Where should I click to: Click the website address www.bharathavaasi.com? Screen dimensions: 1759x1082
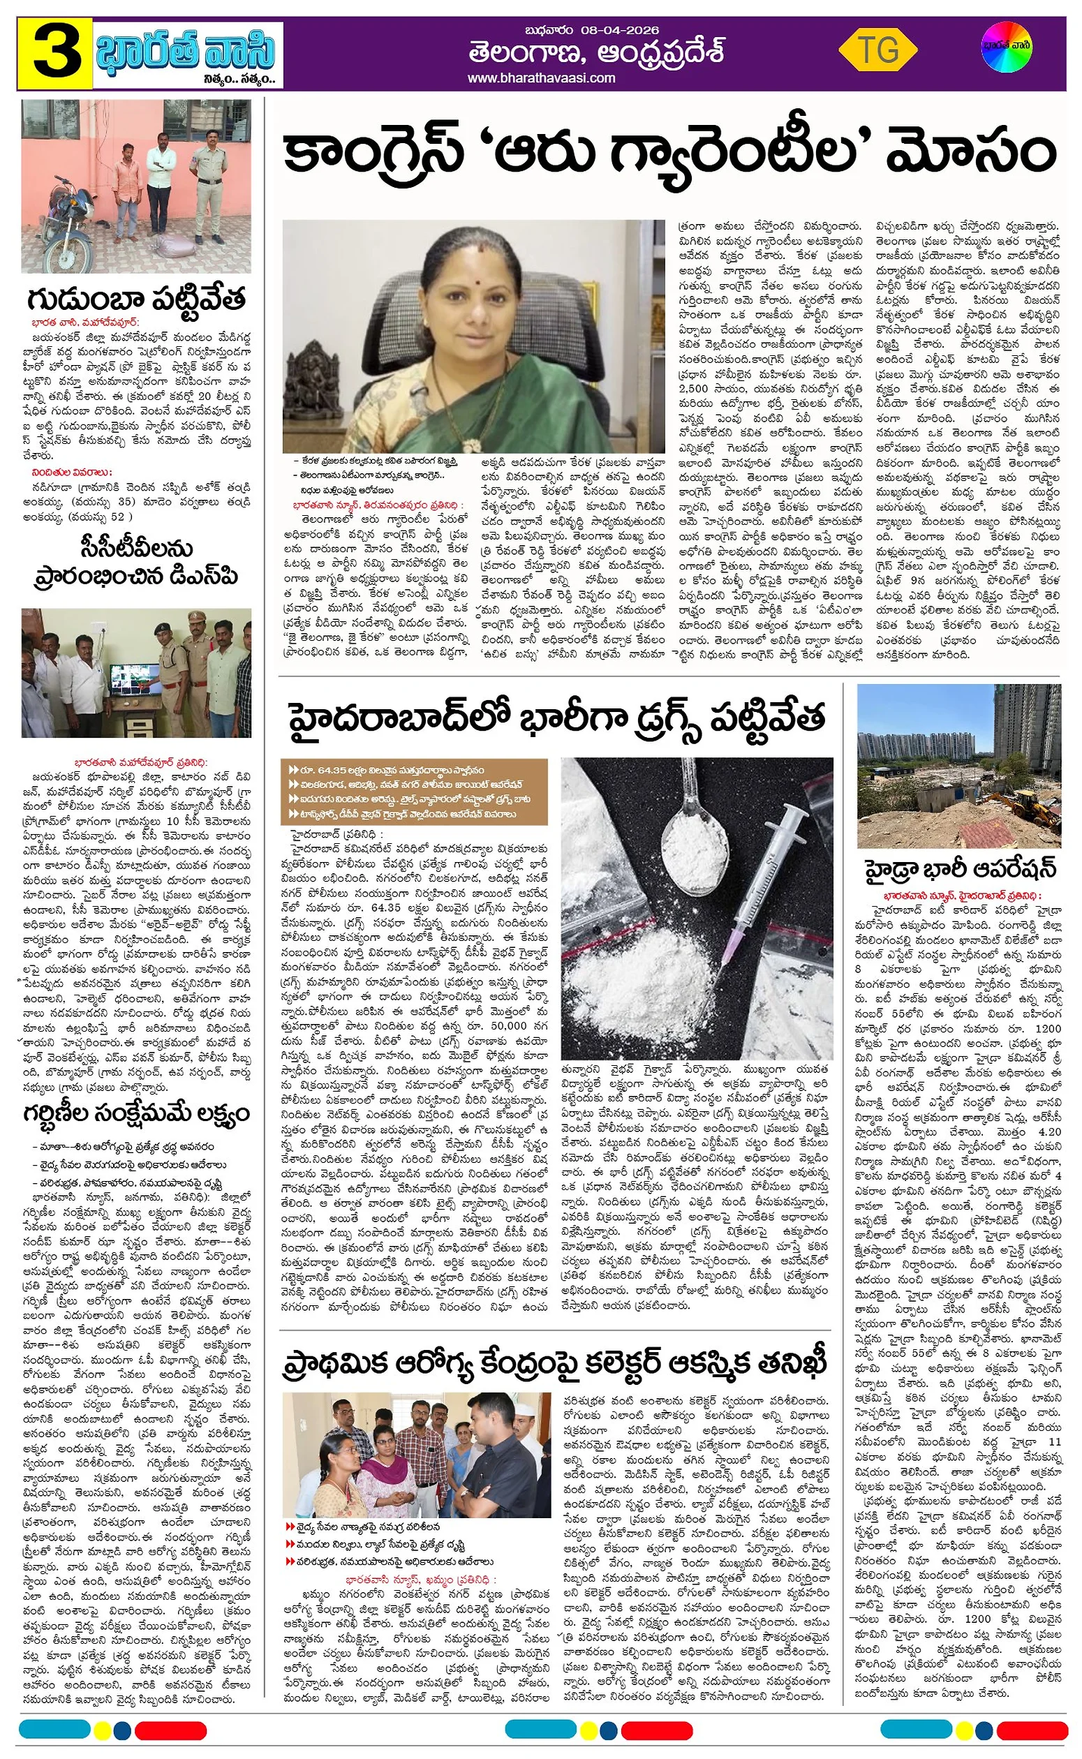point(542,78)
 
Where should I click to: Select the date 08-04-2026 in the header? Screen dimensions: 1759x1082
point(621,31)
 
